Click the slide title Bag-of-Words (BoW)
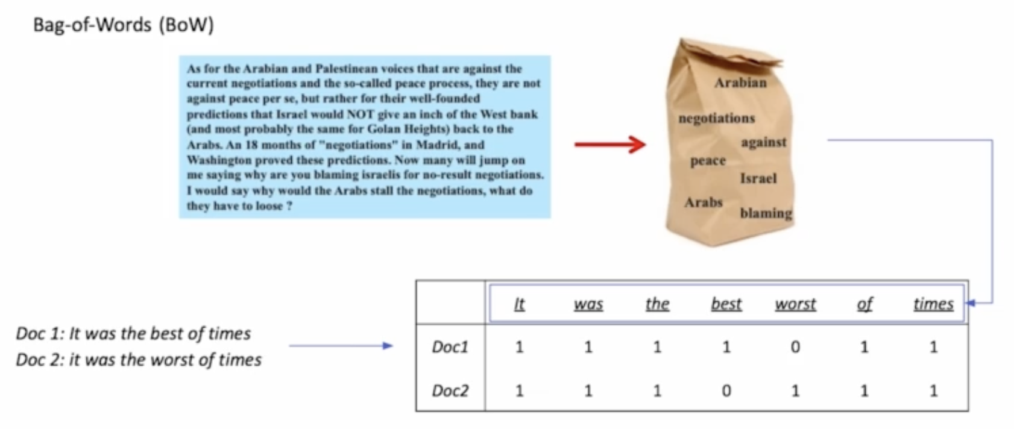tap(124, 25)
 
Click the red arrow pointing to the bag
tap(609, 145)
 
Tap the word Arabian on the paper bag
tap(740, 83)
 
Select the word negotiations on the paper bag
tap(716, 118)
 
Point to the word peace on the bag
tap(708, 161)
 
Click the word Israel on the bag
tap(758, 178)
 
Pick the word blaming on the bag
tap(766, 213)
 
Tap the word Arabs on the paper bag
tap(703, 202)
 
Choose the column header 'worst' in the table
tap(795, 304)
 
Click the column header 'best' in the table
tap(726, 304)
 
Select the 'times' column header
tap(933, 304)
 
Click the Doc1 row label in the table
tap(450, 347)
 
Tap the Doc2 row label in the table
tap(450, 390)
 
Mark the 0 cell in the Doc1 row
tap(795, 347)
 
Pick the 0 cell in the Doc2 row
tap(726, 390)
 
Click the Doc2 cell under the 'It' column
tap(519, 390)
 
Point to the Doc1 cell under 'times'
tap(933, 347)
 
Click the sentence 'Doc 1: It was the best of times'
tap(133, 334)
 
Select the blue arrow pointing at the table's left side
tap(341, 346)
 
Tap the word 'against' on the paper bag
tap(763, 143)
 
